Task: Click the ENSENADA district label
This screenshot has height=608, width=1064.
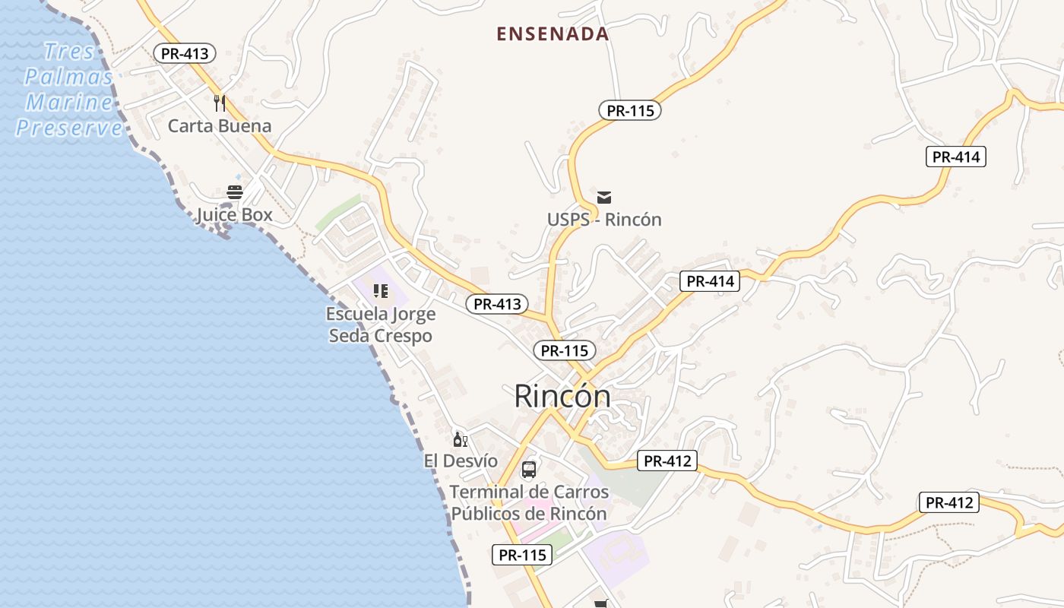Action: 553,34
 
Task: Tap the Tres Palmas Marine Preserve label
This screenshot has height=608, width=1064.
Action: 68,90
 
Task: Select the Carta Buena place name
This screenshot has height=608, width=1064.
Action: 220,126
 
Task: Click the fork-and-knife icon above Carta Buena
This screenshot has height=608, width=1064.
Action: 220,103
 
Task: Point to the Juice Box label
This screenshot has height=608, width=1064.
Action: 234,215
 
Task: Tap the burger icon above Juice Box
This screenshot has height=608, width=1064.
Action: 235,192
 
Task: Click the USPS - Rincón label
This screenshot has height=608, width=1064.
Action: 604,220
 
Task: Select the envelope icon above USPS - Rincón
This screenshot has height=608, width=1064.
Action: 604,198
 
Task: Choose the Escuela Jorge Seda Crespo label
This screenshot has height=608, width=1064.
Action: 381,325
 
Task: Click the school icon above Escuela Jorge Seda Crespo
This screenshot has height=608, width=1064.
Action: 381,291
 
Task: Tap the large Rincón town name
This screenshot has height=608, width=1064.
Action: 562,396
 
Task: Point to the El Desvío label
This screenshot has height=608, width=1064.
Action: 461,461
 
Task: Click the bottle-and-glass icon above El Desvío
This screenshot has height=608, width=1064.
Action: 460,439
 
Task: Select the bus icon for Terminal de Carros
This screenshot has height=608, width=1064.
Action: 529,470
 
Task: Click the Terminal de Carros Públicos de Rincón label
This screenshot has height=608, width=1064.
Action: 530,502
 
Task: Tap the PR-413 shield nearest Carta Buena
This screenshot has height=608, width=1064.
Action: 185,53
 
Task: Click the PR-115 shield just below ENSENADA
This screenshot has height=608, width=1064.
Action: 630,110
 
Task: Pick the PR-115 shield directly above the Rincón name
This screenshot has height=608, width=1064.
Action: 565,351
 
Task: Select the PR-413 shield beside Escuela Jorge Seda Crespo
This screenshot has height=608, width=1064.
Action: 497,304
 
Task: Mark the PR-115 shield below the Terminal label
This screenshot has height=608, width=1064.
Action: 522,555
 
